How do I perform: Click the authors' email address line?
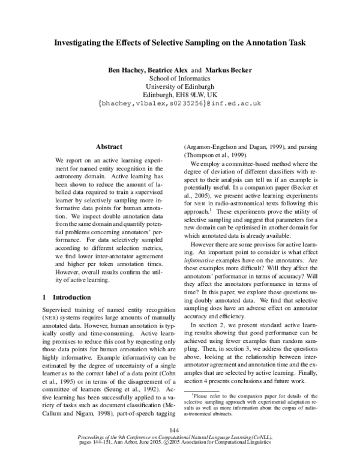click(179, 103)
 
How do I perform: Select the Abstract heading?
click(109, 147)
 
